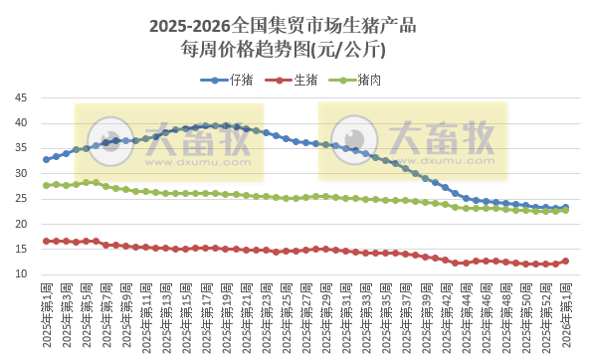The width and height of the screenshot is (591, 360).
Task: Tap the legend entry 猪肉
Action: point(367,80)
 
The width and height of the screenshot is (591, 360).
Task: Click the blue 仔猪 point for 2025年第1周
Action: point(46,159)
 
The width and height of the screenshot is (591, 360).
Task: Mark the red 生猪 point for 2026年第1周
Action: point(565,262)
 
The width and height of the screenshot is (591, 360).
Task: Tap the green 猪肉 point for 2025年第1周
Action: point(46,185)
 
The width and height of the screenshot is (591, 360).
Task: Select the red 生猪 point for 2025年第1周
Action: point(46,241)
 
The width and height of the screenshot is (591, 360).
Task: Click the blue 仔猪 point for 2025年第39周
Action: point(425,179)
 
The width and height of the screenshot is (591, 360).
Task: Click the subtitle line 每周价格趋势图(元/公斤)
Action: point(295,49)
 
